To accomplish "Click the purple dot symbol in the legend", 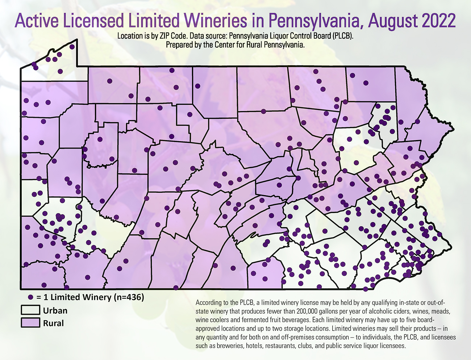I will coord(31,297).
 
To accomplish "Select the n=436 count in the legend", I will coord(129,297).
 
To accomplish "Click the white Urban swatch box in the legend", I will coord(30,310).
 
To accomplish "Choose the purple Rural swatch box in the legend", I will coord(30,323).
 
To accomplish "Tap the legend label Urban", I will coord(55,310).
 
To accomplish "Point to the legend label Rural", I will coord(54,323).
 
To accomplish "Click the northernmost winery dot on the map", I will coord(72,47).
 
